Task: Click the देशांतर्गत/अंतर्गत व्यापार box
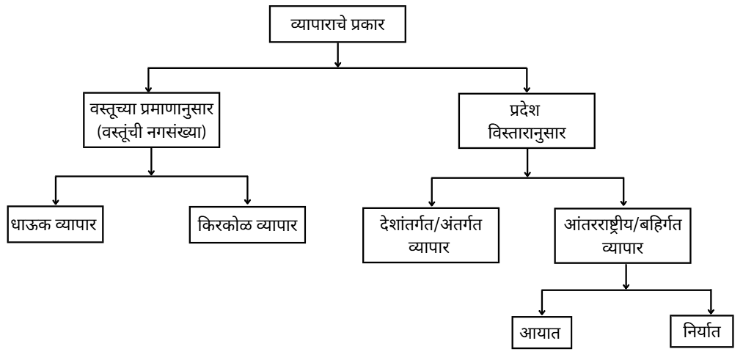coord(431,235)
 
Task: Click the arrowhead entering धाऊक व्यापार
coord(56,200)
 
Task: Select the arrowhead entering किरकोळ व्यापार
coord(248,200)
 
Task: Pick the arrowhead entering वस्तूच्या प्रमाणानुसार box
coord(150,87)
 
